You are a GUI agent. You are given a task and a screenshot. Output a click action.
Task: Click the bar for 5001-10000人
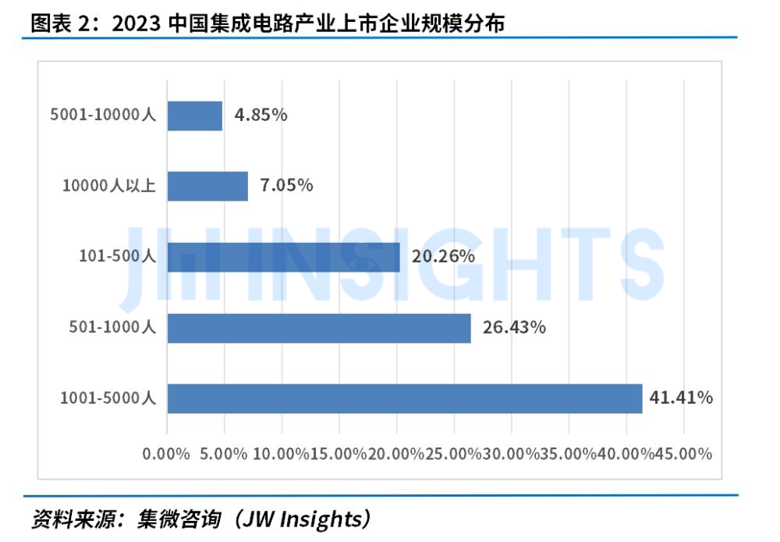click(x=195, y=115)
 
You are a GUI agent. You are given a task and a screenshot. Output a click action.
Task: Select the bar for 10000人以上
click(x=207, y=186)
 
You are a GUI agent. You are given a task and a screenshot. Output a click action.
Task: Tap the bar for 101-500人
click(x=283, y=257)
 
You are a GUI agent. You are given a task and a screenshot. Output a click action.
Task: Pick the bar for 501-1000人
click(x=319, y=328)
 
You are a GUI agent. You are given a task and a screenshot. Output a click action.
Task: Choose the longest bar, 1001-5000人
click(x=404, y=398)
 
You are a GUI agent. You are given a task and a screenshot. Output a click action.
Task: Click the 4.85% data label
click(x=261, y=115)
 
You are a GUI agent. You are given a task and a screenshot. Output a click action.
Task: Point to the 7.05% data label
click(x=287, y=186)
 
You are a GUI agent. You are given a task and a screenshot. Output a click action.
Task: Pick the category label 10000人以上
click(x=110, y=186)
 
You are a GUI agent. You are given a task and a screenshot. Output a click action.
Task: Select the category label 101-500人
click(x=118, y=256)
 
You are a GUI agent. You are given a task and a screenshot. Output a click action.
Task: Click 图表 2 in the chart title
click(x=61, y=23)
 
